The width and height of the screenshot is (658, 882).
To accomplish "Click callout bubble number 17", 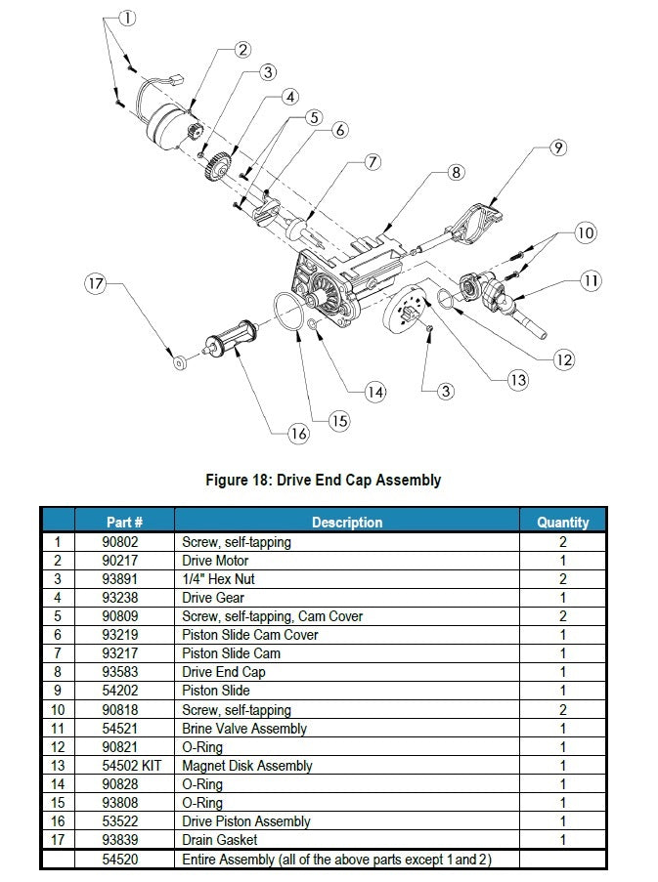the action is pos(96,283).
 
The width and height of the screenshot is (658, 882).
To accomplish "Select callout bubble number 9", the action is pos(558,147).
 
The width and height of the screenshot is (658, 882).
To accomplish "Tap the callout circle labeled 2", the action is pos(242,50).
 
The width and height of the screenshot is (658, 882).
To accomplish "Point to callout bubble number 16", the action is pos(298,433).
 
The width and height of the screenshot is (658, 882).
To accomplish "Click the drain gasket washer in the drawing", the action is pos(180,362).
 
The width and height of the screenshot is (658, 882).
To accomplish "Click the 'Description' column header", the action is pos(347,522).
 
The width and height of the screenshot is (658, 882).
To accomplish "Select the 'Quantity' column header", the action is pos(562,523).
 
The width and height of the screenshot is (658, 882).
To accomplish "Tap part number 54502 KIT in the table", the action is pos(131,766).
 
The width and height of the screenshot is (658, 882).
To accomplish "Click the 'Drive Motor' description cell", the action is pos(215,561).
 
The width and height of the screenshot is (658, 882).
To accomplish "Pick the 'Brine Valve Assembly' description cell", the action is pos(244,729).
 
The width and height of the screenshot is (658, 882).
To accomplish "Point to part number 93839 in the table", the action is pos(120,840).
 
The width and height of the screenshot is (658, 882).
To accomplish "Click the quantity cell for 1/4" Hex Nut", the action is pos(562,579).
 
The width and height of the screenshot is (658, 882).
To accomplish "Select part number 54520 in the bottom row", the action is pos(120,860).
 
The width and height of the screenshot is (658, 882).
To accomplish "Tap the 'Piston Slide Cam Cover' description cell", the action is pos(250,635).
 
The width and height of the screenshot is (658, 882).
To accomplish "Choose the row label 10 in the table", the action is pos(58,710).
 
